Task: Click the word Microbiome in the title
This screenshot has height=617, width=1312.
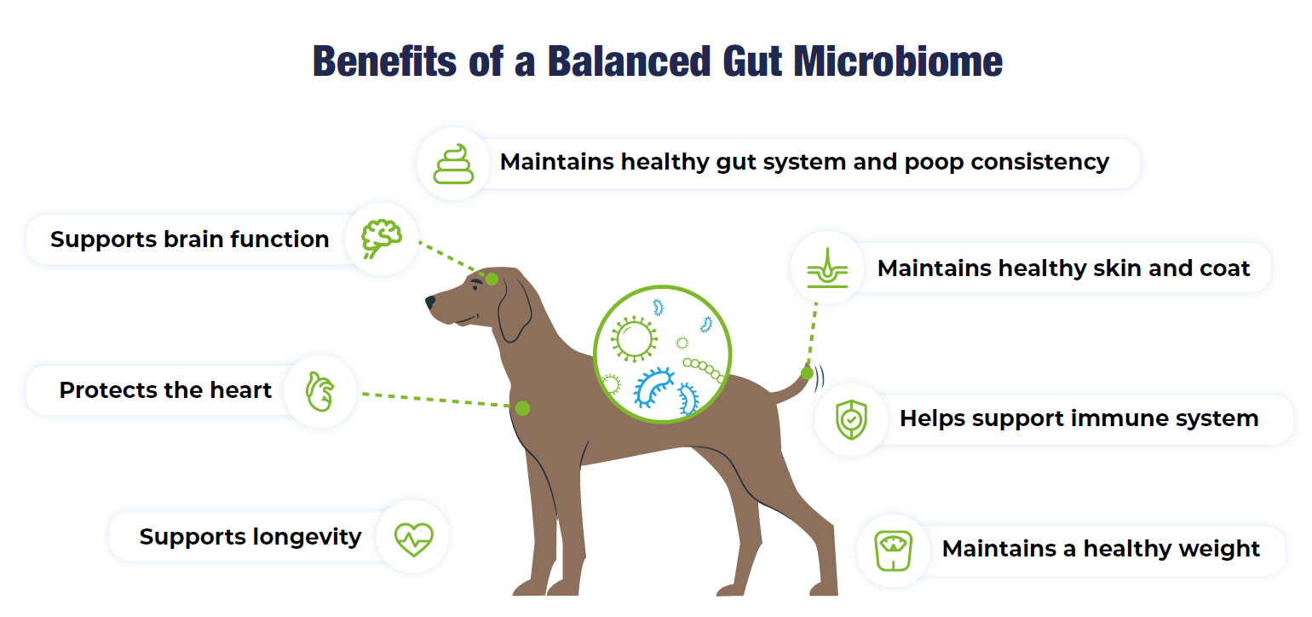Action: click(898, 61)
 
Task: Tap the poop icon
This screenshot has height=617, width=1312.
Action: click(453, 164)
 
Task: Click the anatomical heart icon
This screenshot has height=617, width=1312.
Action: click(319, 391)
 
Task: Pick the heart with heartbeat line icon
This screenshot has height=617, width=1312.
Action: click(413, 539)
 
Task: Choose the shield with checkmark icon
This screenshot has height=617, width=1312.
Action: click(851, 419)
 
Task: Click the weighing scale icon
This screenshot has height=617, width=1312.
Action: click(893, 551)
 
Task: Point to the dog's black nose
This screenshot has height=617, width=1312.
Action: click(430, 302)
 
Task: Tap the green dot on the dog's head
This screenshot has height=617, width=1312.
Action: click(492, 280)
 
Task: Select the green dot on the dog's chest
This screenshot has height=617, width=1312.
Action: click(522, 408)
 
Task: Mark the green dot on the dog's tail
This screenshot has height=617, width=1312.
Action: click(807, 372)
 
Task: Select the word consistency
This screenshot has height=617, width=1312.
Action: click(1039, 163)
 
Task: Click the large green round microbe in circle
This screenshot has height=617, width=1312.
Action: click(634, 339)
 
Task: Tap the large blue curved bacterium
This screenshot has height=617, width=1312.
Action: click(653, 387)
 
